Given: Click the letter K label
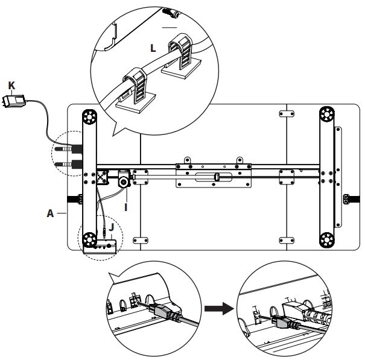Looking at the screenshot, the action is click(11, 86).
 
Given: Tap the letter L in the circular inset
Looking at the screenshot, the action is click(153, 48).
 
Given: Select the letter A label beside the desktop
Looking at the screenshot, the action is click(50, 213).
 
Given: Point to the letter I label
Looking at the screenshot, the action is click(126, 207).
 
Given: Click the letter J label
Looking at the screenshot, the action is click(112, 227).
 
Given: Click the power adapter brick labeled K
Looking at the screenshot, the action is click(14, 101).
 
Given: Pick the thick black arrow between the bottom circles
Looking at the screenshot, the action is click(219, 309).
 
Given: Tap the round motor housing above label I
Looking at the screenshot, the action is click(124, 181).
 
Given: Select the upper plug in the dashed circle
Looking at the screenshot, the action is click(69, 148).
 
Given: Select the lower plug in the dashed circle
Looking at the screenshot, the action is click(69, 164).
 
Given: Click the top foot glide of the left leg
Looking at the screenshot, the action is click(89, 116).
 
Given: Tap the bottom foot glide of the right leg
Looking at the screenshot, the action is click(327, 239).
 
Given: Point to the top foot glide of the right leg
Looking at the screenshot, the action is click(327, 114).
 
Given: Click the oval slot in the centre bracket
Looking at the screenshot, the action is click(213, 177).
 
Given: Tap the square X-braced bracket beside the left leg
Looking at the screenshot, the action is click(102, 177).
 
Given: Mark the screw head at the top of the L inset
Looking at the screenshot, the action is click(171, 13).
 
